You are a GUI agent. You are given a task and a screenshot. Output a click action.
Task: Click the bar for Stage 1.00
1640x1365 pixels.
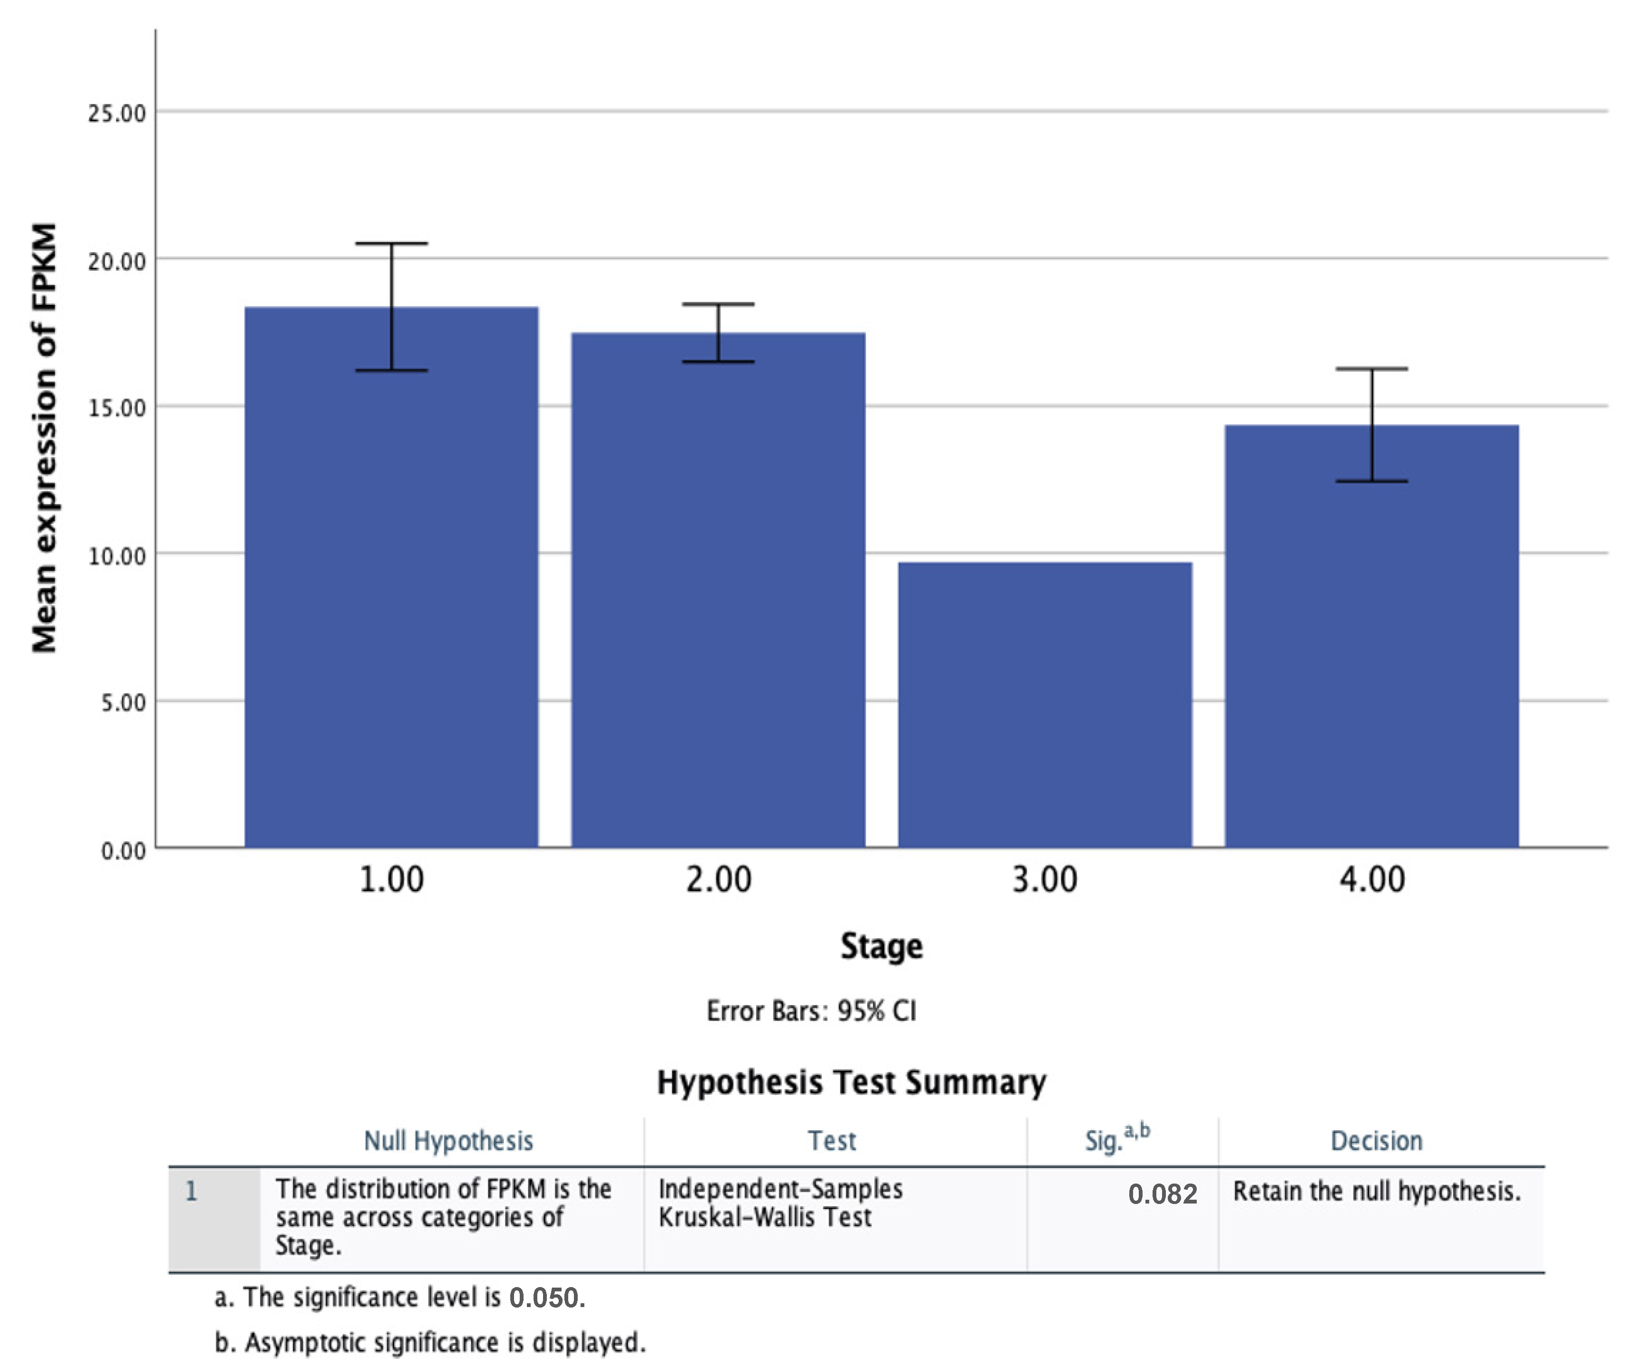coord(391,578)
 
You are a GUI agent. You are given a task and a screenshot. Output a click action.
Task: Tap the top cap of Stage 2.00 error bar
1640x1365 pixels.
coord(718,304)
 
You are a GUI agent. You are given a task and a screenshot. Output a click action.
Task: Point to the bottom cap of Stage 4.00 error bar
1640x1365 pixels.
coord(1372,481)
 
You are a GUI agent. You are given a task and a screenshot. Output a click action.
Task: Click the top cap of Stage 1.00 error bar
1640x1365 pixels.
coord(391,244)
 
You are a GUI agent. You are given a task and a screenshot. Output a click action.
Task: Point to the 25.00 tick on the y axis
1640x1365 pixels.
coord(117,113)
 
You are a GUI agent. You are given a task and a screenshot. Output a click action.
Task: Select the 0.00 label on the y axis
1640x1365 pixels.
coord(124,850)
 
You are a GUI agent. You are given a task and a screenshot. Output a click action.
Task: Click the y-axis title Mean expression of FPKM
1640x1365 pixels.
coord(45,437)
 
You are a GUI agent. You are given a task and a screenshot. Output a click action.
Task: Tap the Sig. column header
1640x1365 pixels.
coord(1117,1140)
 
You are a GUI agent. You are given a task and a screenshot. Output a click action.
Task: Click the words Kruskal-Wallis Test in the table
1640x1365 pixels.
coord(764,1217)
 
